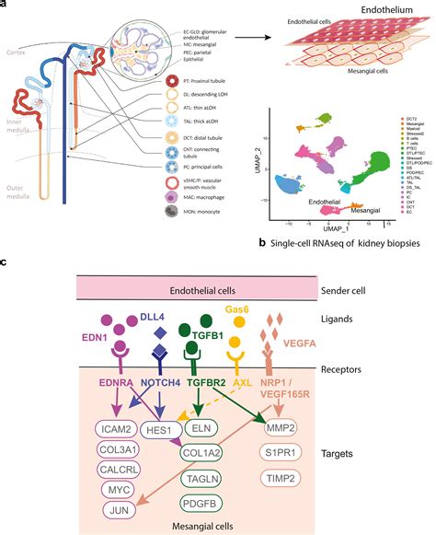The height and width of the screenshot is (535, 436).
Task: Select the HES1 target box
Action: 186,402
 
